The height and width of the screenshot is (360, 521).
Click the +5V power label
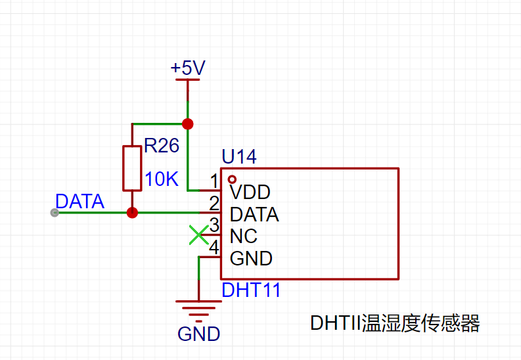click(x=188, y=68)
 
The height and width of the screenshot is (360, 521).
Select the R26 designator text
click(x=162, y=145)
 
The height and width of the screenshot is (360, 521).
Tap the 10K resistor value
click(x=162, y=179)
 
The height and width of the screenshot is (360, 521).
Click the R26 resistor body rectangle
click(x=132, y=168)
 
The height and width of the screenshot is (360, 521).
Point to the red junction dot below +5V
click(x=188, y=124)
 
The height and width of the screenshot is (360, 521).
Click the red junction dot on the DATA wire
click(x=132, y=213)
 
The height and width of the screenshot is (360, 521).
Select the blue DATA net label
click(x=79, y=201)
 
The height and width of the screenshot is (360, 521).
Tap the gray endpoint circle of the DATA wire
click(x=55, y=213)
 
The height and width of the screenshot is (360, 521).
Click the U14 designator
click(x=239, y=156)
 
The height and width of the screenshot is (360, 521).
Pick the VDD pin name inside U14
click(x=250, y=192)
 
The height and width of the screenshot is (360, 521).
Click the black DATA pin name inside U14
click(x=254, y=214)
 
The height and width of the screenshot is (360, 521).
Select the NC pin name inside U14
click(x=244, y=236)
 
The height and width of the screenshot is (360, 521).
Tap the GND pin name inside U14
click(x=251, y=258)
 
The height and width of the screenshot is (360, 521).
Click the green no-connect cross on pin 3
click(x=198, y=235)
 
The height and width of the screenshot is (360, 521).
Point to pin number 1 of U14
click(x=214, y=181)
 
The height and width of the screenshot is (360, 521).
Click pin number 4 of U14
click(x=214, y=247)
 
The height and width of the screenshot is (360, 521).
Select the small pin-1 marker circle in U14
click(x=232, y=179)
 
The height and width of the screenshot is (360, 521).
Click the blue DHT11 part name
click(x=251, y=290)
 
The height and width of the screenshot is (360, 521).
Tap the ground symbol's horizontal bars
click(x=198, y=311)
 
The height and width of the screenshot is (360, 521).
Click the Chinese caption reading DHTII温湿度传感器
click(x=395, y=323)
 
